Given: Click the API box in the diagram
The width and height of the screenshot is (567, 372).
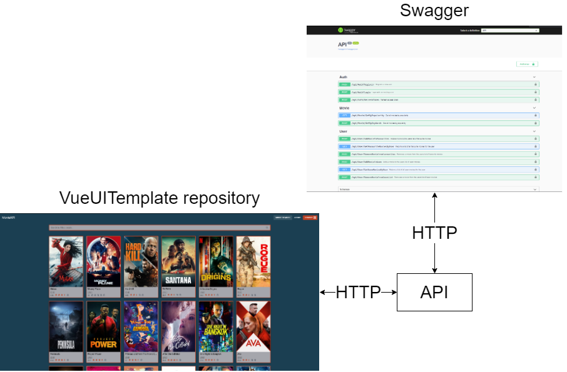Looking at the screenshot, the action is coord(434,292).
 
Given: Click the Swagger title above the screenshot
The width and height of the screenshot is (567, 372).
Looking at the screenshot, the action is coord(434,11).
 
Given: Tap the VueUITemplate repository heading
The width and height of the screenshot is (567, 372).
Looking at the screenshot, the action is coord(159,198).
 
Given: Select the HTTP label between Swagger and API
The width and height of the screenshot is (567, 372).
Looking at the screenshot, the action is coord(434,233).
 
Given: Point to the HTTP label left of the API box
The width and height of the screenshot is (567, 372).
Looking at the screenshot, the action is coord(358,292).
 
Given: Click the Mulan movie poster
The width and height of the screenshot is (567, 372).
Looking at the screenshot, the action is coord(66,261).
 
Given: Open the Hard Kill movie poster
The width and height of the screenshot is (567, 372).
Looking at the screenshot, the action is coord(141,261).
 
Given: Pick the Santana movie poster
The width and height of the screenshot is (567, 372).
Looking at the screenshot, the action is coord(178,261).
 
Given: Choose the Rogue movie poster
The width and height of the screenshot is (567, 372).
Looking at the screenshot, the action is coord(253,261).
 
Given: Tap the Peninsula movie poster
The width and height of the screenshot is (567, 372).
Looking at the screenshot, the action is coord(66,326).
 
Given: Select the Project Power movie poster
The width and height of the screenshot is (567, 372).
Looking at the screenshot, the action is coord(103,326).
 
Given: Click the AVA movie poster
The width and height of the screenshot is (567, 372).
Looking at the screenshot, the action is coord(253,326).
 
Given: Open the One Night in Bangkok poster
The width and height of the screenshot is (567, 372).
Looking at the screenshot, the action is coord(216,326).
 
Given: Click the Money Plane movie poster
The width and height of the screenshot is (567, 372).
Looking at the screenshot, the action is coord(103,261).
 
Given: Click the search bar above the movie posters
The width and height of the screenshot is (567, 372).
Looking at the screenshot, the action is coord(159,228).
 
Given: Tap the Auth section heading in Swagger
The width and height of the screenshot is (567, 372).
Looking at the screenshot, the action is coord(343,77).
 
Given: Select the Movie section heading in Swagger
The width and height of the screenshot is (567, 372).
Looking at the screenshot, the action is coord(344,108).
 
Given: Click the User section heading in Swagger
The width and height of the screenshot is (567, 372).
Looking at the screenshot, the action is coord(343,131).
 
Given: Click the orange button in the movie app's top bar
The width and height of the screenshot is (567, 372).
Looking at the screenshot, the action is coord(310,218).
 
